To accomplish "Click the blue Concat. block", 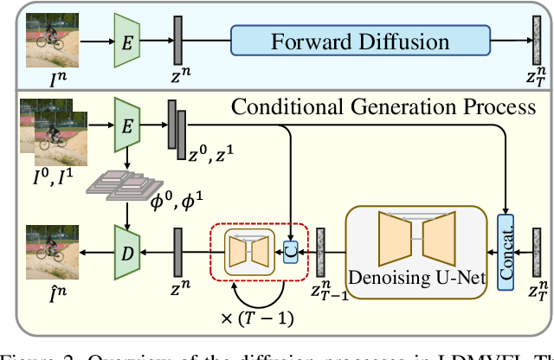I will pos(506,248).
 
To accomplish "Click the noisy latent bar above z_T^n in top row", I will pos(537,41).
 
